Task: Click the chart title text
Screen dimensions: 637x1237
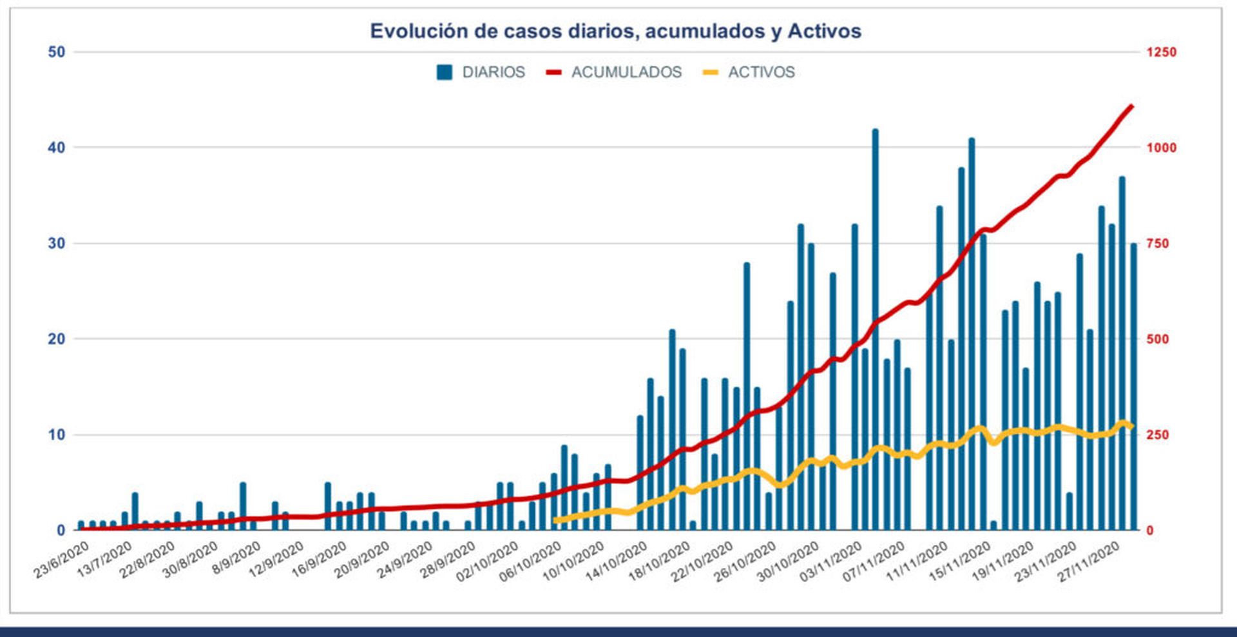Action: click(615, 31)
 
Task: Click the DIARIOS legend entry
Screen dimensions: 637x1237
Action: click(481, 72)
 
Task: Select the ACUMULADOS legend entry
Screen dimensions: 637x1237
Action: click(614, 72)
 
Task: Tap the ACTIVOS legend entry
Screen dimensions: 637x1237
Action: click(749, 72)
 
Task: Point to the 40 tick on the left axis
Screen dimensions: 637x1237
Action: click(57, 148)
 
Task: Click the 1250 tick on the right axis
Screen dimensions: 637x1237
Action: click(1161, 52)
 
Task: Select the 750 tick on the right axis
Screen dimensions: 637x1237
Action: click(1157, 244)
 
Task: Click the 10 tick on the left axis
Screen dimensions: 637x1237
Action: click(57, 435)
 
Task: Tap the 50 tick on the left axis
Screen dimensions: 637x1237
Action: click(57, 52)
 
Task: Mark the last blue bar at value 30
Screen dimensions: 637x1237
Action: click(1133, 387)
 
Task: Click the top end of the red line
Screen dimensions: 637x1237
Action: click(1132, 106)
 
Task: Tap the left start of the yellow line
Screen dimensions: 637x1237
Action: click(555, 520)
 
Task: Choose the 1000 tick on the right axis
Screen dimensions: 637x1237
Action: click(1161, 148)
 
